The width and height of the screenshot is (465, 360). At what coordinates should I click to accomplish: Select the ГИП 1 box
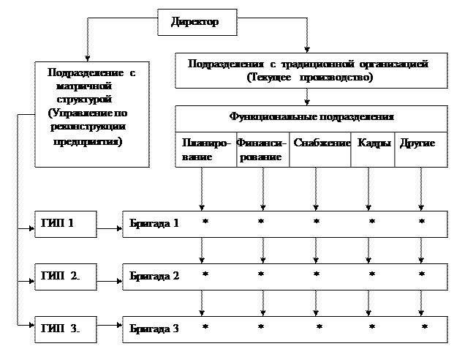click(x=65, y=223)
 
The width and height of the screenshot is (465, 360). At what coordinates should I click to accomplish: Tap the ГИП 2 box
click(x=65, y=276)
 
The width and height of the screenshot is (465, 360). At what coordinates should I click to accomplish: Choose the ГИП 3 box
click(x=65, y=328)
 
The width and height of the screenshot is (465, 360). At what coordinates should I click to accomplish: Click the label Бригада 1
click(x=154, y=223)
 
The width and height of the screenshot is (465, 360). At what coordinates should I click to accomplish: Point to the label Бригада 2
click(x=154, y=276)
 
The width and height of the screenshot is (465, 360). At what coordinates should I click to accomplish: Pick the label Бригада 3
click(x=154, y=328)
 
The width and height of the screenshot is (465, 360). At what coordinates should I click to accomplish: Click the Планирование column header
click(x=205, y=149)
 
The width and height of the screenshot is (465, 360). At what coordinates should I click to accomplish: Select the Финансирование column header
click(x=262, y=149)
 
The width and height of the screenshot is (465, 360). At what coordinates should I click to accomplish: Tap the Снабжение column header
click(x=322, y=143)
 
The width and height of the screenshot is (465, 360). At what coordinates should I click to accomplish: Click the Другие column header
click(x=418, y=143)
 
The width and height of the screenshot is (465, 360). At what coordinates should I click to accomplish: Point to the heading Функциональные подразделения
click(x=311, y=117)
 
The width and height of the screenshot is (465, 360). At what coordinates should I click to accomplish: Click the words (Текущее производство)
click(x=310, y=78)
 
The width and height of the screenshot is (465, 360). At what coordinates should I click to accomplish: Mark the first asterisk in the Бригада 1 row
click(x=205, y=222)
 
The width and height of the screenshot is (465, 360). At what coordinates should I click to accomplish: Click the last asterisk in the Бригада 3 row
click(x=424, y=327)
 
